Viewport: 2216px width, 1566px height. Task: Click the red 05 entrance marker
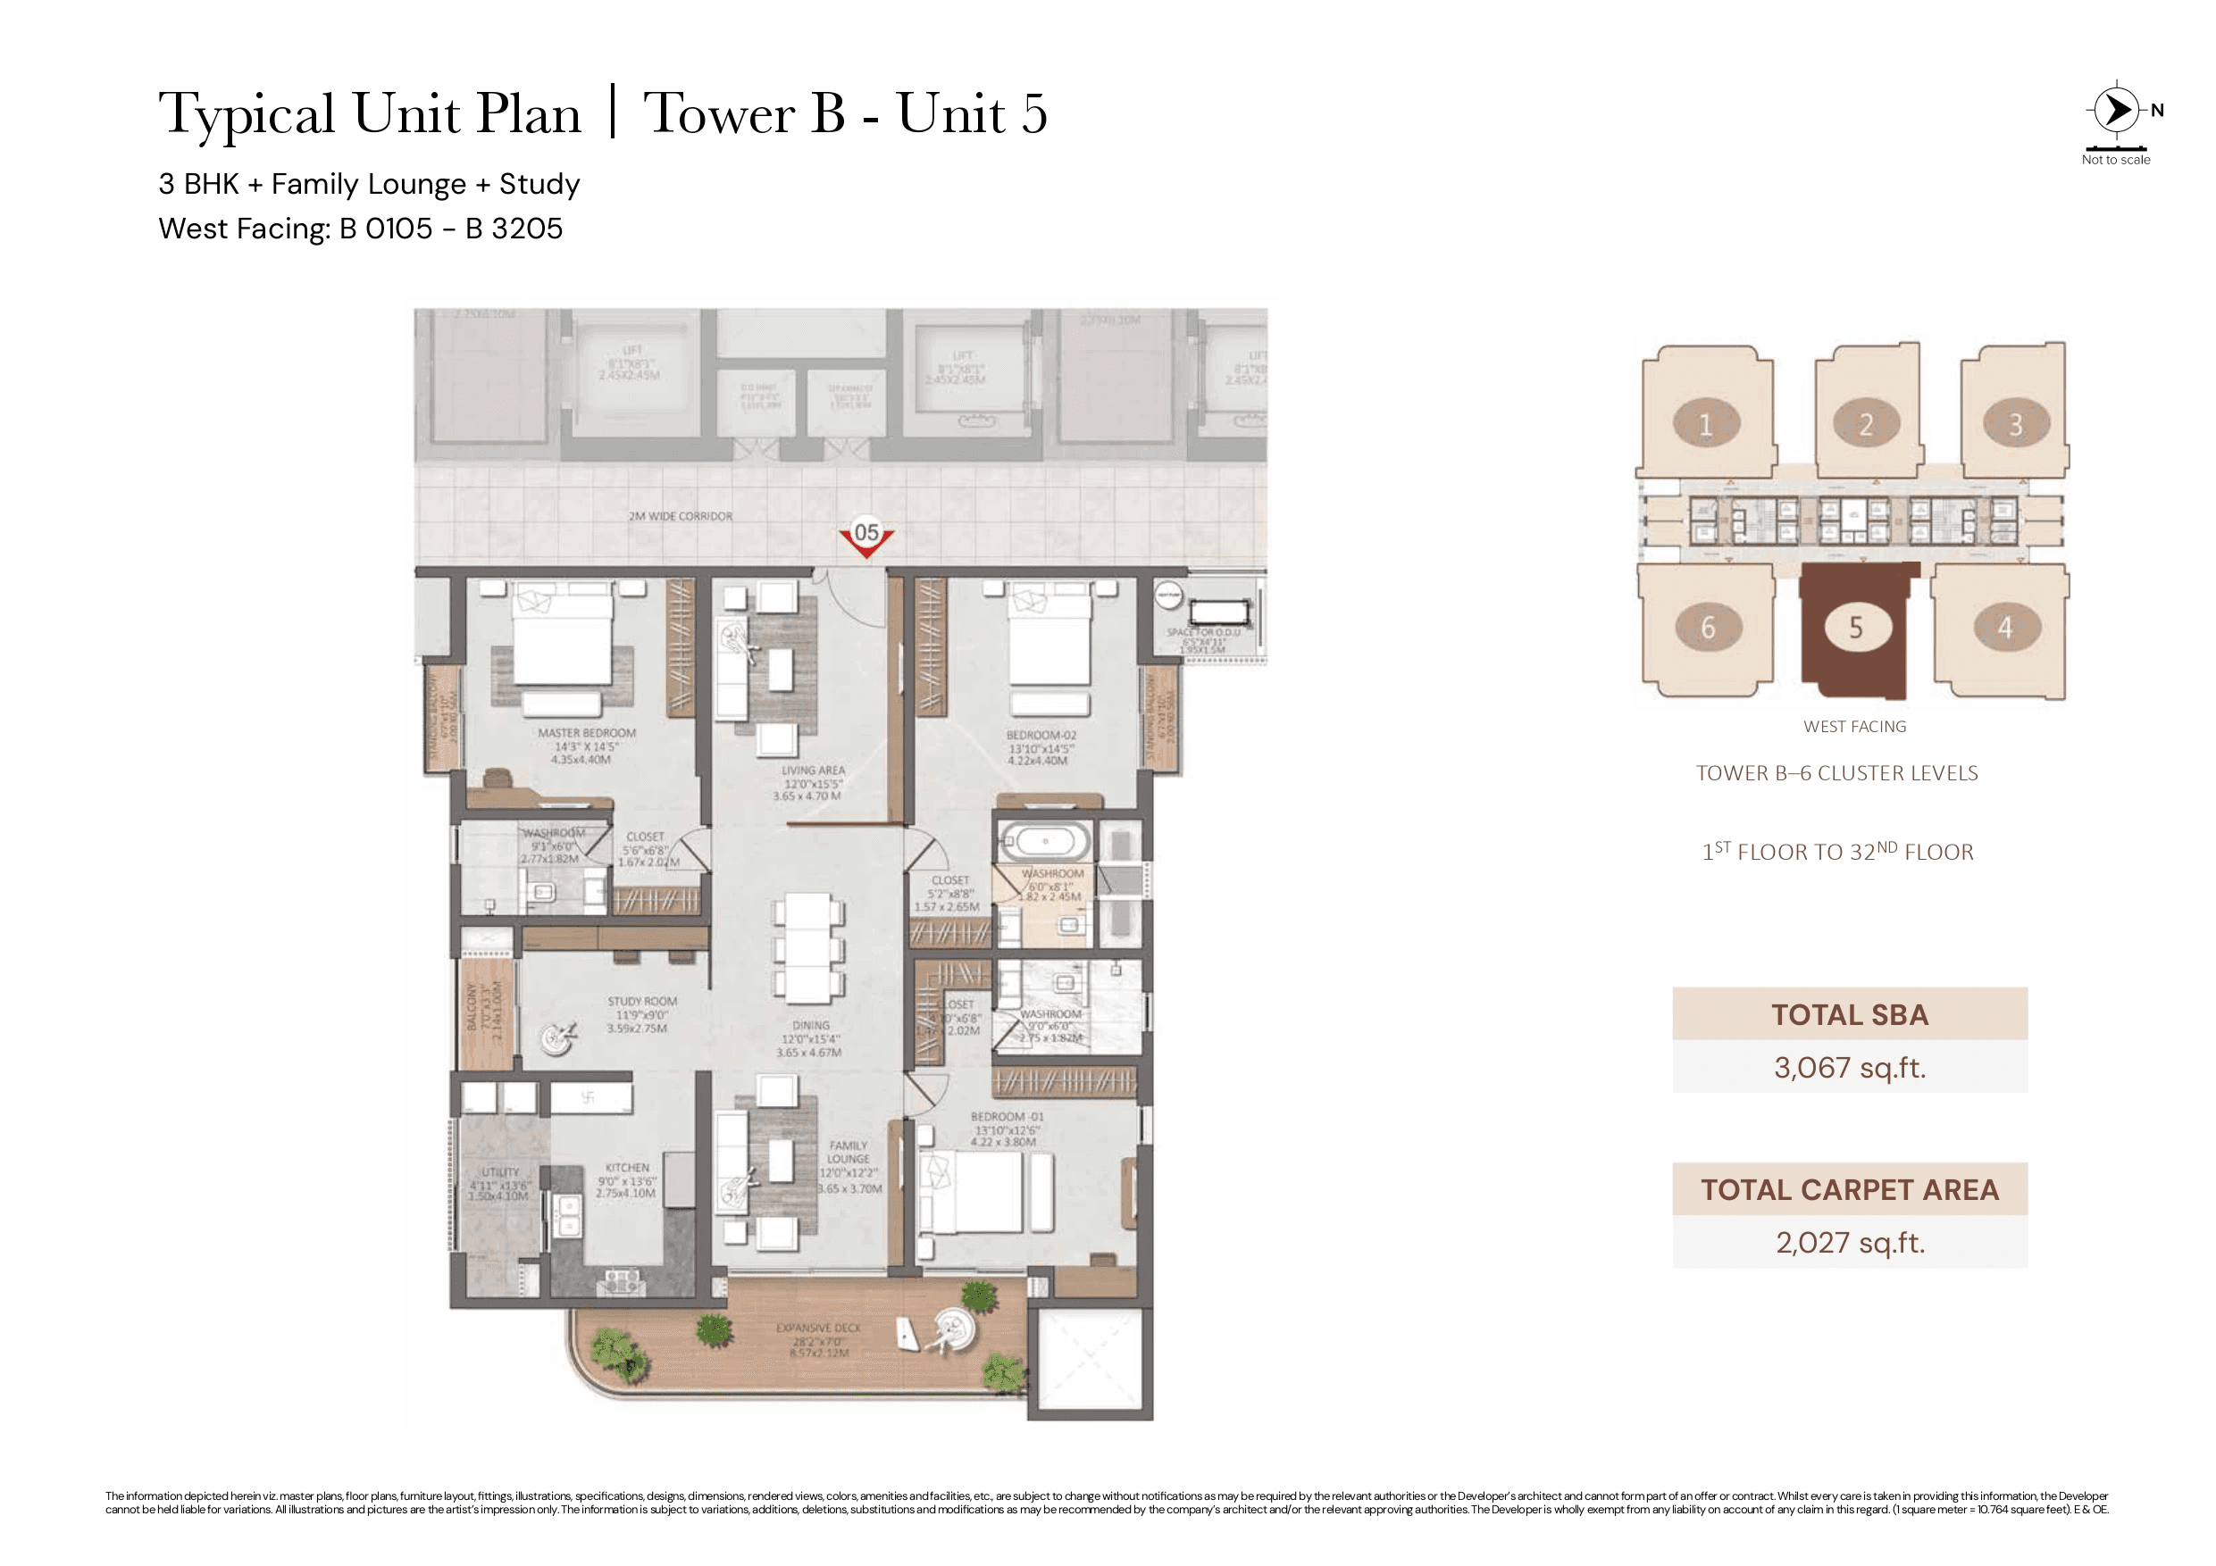pos(865,537)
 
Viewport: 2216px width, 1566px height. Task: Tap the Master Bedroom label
pos(586,734)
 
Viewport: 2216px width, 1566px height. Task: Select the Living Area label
pos(813,771)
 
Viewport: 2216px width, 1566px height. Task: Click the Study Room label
pos(642,1003)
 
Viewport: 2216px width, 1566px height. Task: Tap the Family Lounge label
pos(849,1153)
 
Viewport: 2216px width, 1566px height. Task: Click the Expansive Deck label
pos(818,1329)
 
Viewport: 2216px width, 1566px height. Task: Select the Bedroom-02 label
pos(1041,736)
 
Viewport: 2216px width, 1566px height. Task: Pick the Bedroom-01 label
pos(1007,1117)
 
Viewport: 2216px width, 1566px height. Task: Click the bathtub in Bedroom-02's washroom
pos(1044,842)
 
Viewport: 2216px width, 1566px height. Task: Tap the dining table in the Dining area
pos(807,948)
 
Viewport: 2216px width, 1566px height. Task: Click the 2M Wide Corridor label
pos(681,516)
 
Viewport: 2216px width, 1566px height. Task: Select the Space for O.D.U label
pos(1202,633)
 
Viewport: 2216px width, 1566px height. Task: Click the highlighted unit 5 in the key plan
pos(1855,629)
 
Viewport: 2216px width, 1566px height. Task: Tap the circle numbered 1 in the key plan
pos(1705,425)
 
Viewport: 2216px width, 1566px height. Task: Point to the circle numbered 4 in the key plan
pos(2004,629)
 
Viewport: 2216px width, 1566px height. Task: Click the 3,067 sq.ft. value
pos(1849,1068)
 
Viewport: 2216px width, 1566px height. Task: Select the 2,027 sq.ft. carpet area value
pos(1849,1243)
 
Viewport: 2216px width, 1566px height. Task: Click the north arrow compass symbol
pos(2116,110)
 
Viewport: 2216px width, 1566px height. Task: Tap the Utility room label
pos(500,1172)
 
